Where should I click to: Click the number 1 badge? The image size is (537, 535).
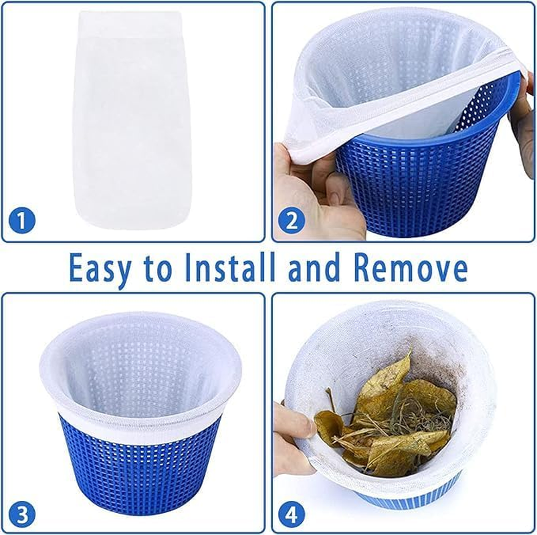[21, 220]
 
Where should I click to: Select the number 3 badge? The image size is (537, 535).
[21, 514]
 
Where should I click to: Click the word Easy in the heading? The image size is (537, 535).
[104, 269]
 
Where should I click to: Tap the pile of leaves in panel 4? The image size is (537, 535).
[388, 415]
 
